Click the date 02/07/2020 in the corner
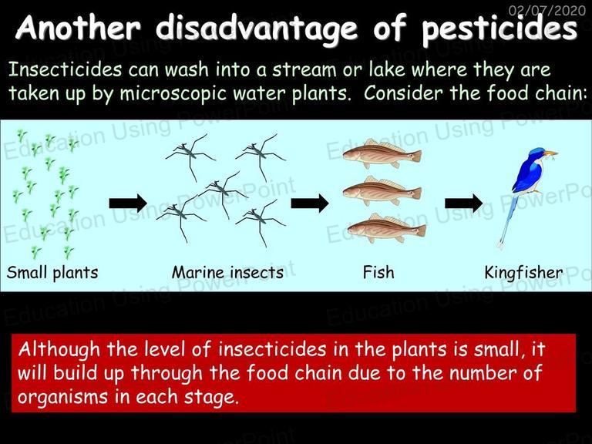pyautogui.click(x=547, y=9)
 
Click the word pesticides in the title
pyautogui.click(x=499, y=29)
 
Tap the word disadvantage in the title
pyautogui.click(x=257, y=29)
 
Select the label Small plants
pyautogui.click(x=52, y=273)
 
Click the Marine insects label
pyautogui.click(x=227, y=273)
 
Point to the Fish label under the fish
pyautogui.click(x=378, y=272)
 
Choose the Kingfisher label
pyautogui.click(x=523, y=273)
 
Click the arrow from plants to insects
pyautogui.click(x=128, y=203)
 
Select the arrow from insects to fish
pyautogui.click(x=310, y=203)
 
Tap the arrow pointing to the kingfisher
pyautogui.click(x=463, y=203)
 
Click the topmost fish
pyautogui.click(x=382, y=153)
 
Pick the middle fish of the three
pyautogui.click(x=382, y=191)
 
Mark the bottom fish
pyautogui.click(x=387, y=228)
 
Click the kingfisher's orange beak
pyautogui.click(x=551, y=153)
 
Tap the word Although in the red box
pyautogui.click(x=59, y=350)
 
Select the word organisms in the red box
pyautogui.click(x=62, y=397)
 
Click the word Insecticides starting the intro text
pyautogui.click(x=65, y=70)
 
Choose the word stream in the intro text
pyautogui.click(x=304, y=70)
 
